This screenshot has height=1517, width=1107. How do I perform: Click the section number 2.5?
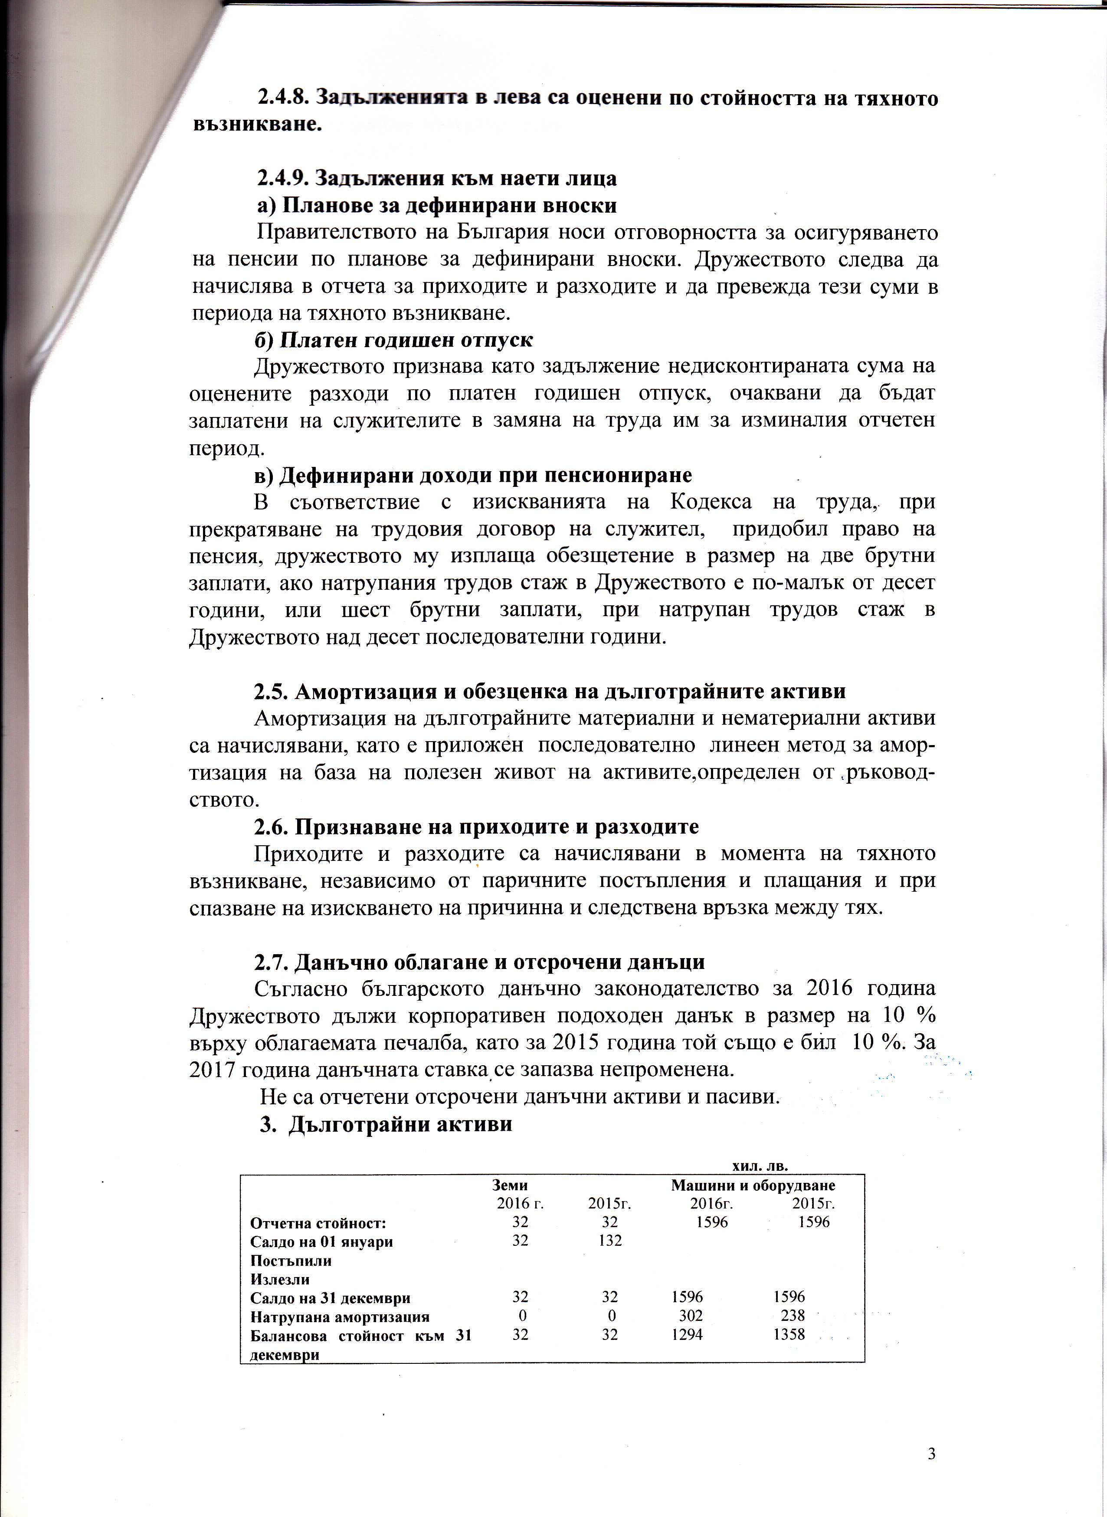point(271,691)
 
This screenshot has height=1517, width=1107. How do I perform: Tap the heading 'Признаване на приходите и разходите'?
point(496,827)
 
